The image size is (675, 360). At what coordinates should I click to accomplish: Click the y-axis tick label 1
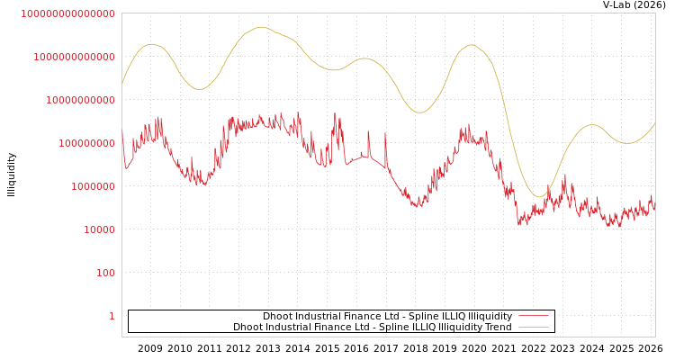[112, 316]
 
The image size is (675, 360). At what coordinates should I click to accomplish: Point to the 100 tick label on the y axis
[105, 273]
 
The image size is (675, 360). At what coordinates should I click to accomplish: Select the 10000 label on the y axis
[99, 229]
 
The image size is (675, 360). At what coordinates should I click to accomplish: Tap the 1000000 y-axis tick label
[93, 186]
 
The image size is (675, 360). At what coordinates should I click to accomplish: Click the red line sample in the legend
[533, 316]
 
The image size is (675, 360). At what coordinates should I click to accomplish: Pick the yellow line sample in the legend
[533, 327]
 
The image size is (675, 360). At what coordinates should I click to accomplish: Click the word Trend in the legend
[497, 327]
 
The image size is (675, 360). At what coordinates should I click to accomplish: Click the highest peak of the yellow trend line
[261, 27]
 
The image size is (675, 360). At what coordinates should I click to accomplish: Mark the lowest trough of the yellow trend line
[538, 196]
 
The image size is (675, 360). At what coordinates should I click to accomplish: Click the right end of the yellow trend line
[655, 123]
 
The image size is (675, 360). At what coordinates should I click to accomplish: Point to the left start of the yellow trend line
[122, 85]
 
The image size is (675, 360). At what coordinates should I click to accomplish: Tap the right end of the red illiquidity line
[655, 208]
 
